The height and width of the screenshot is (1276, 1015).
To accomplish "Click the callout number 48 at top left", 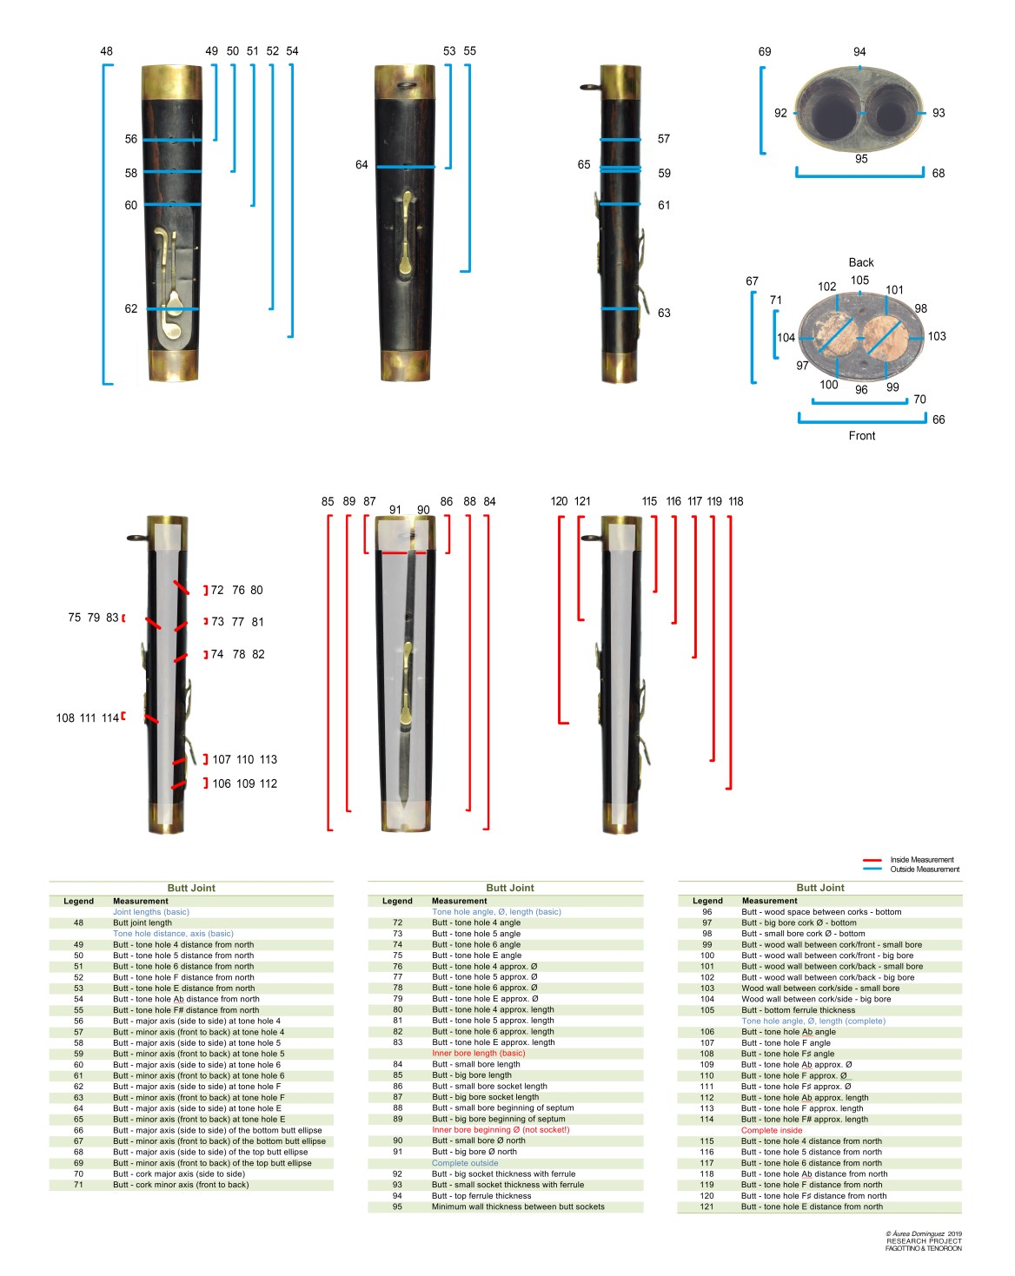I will click(106, 51).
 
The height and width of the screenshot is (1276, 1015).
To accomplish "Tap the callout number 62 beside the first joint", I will click(130, 308).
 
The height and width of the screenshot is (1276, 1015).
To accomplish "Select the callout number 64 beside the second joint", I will click(362, 165).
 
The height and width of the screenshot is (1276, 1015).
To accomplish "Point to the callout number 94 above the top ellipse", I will click(859, 52).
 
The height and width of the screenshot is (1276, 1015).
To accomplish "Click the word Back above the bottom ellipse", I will click(861, 262).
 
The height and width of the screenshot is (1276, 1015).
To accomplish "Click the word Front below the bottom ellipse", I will click(862, 436).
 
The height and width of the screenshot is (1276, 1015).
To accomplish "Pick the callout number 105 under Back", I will click(859, 281).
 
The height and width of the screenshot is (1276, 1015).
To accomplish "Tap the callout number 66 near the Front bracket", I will click(939, 420).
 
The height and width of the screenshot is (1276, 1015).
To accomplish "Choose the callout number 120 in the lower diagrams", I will click(560, 501).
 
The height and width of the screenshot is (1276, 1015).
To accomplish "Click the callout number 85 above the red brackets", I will click(328, 501).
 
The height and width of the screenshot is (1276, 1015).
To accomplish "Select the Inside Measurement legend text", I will click(922, 860).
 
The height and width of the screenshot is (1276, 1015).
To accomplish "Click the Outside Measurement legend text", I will click(925, 869).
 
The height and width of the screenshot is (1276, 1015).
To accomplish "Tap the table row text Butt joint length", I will click(143, 922).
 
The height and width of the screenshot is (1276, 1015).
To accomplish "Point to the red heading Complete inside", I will click(772, 1130).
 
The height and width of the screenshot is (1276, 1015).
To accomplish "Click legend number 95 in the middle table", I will click(397, 1207).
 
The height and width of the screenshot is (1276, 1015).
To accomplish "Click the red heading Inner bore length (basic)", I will click(479, 1053).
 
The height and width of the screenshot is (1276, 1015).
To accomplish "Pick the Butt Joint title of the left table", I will click(191, 888).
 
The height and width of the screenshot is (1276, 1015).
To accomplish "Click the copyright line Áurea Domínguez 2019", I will click(924, 1233).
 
